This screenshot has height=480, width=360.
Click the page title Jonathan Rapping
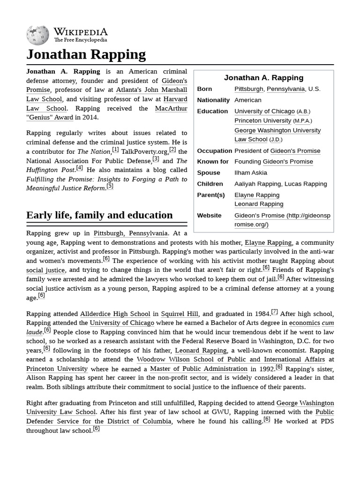coord(86,54)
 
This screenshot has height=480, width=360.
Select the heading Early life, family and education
coord(99,215)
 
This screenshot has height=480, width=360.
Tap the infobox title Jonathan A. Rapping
coord(263,78)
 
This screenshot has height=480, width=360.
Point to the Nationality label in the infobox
coord(213,100)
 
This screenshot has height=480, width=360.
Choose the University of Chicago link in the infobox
coord(264,111)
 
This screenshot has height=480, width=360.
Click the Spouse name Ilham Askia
coord(250,172)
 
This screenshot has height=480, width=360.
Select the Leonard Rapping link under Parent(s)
coord(259,204)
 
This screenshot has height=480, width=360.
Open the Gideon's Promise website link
coord(282,220)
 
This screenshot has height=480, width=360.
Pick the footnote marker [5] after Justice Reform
coord(110,186)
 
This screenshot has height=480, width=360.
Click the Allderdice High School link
coord(115,314)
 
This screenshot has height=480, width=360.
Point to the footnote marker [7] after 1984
coord(274,312)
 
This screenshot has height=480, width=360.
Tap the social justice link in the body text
coord(45,270)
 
